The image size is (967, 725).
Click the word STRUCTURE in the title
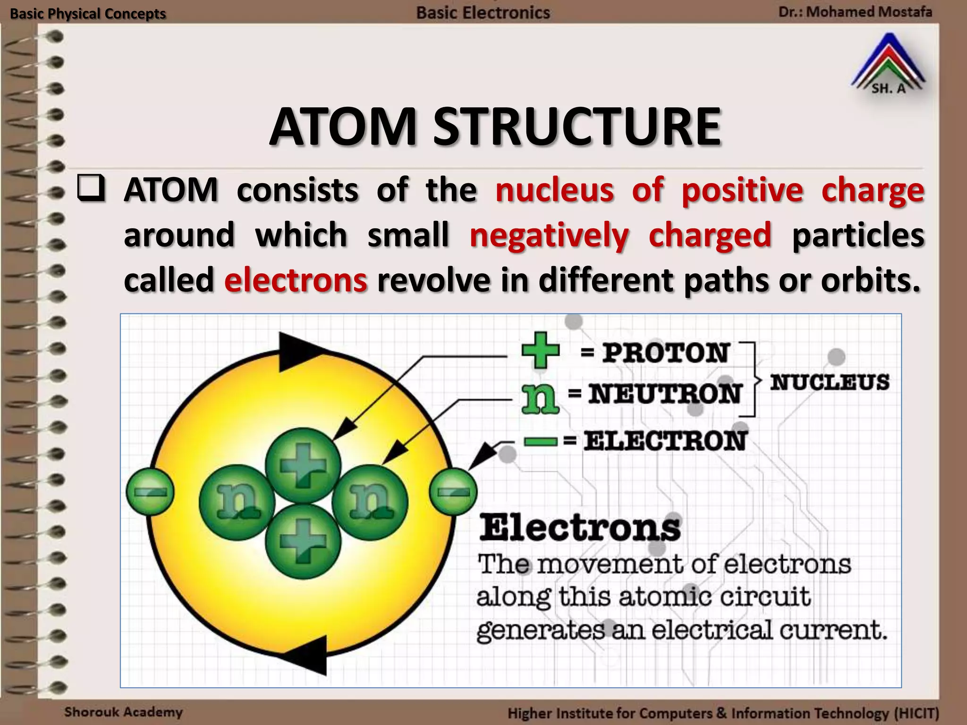tap(577, 127)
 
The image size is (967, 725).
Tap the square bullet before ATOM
tap(91, 188)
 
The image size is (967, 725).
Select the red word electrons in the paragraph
tap(296, 280)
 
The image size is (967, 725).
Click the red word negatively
tap(549, 235)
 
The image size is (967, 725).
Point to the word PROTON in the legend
tap(666, 353)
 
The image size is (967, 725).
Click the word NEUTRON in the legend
tap(664, 394)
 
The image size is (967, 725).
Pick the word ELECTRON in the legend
tap(665, 441)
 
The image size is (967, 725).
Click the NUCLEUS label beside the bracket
tap(830, 382)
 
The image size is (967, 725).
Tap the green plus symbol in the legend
tap(540, 350)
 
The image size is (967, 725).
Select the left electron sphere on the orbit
tap(150, 491)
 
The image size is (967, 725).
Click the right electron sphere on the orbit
tap(453, 491)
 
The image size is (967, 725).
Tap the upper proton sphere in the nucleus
tap(303, 465)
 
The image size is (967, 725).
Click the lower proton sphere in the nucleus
tap(303, 541)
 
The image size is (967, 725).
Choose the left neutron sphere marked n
tap(237, 502)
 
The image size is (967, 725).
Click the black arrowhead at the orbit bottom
tap(309, 654)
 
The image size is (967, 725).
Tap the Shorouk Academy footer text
tap(123, 712)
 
